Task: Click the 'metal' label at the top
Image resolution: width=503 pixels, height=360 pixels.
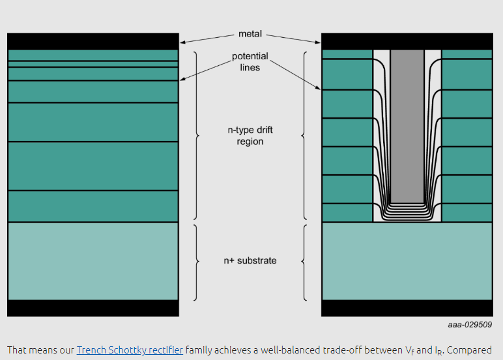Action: [250, 33]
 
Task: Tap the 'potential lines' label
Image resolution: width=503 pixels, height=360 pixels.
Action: [250, 61]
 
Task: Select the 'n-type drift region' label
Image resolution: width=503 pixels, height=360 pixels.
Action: [250, 136]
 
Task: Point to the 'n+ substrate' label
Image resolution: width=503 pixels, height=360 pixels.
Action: [250, 260]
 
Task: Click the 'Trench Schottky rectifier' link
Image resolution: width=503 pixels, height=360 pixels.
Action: [130, 350]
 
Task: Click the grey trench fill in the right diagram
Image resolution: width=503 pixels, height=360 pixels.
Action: [407, 124]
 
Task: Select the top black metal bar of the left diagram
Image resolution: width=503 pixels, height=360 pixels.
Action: [93, 41]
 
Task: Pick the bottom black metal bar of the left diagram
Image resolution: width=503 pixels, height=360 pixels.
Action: [93, 308]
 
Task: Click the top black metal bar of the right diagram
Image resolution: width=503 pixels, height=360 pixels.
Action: [407, 41]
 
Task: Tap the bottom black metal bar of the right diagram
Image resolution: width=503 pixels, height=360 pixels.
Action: [407, 308]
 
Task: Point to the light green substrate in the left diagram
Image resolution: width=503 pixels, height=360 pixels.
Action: [93, 261]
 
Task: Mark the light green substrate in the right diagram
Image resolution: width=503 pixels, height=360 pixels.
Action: [407, 261]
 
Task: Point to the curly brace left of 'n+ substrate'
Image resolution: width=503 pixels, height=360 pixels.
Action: [196, 261]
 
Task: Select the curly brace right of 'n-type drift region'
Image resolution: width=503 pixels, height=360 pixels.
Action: [304, 136]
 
